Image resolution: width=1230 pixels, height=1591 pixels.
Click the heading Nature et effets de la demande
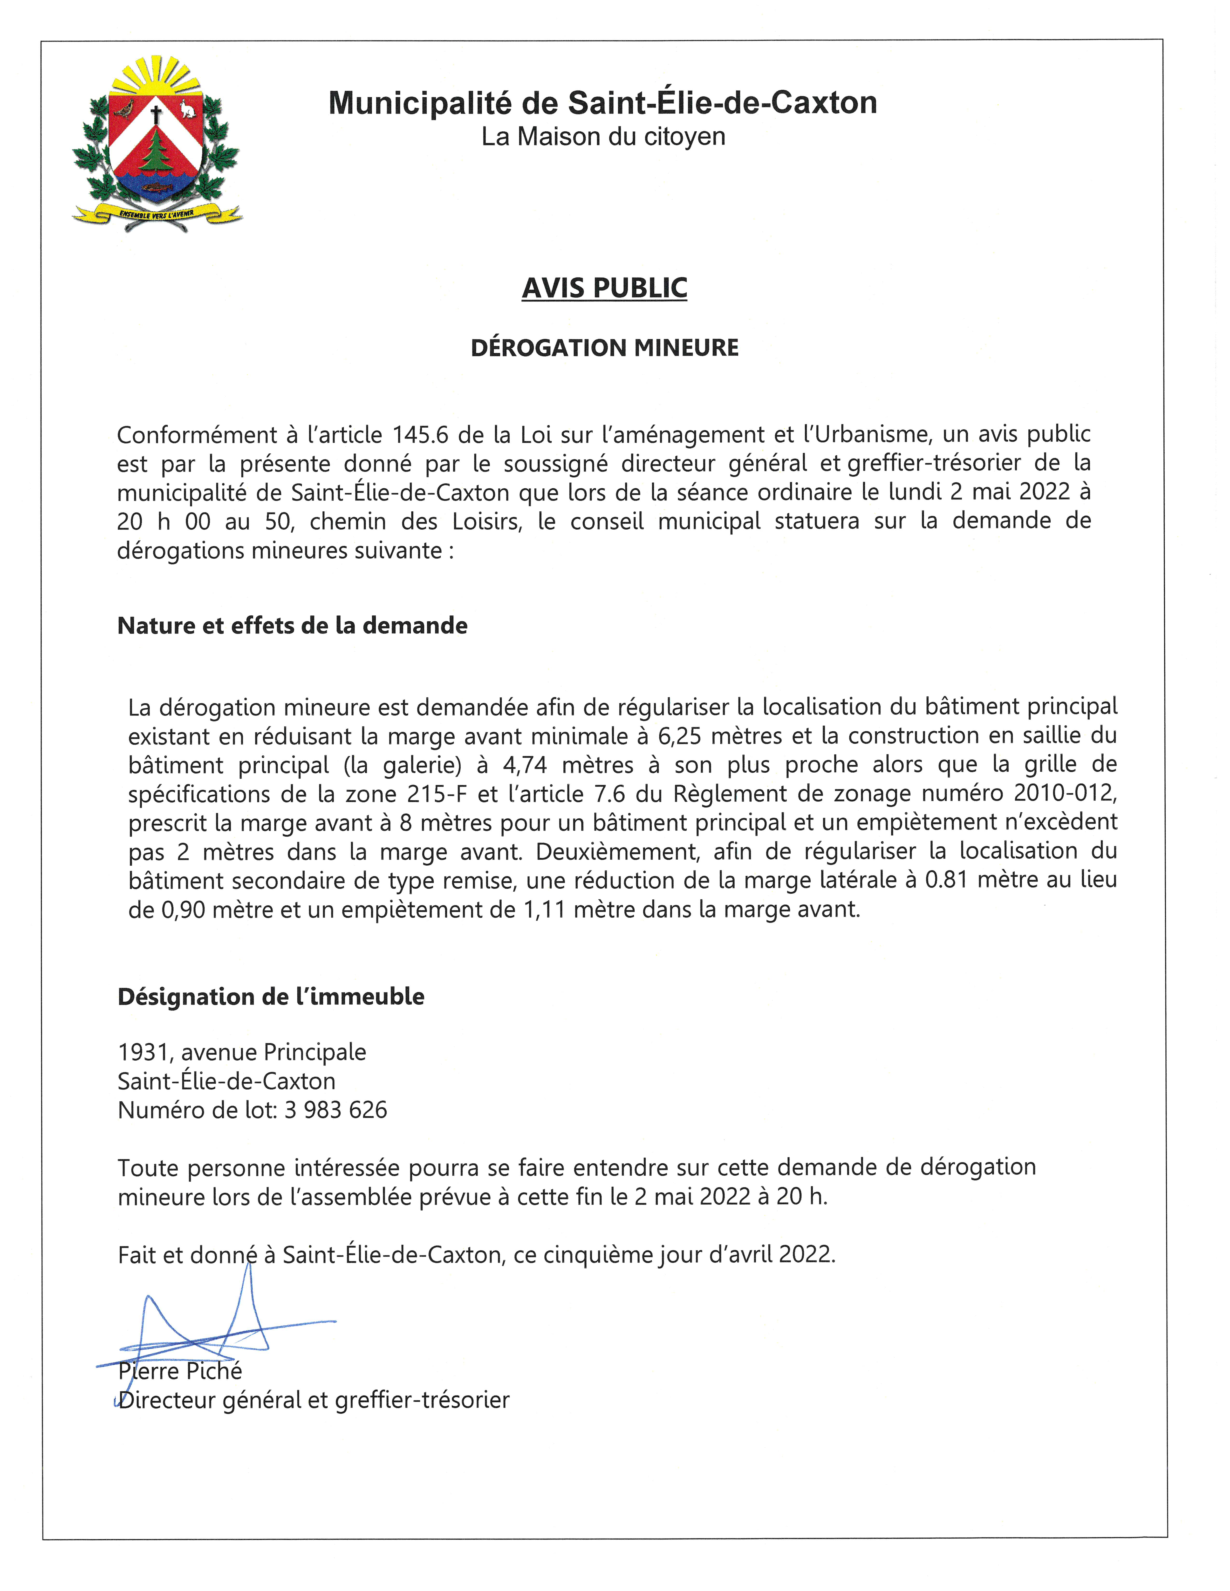click(292, 626)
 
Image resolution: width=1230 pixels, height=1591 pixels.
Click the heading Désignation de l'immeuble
click(270, 997)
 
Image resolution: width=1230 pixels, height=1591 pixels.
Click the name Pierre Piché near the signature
click(180, 1371)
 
